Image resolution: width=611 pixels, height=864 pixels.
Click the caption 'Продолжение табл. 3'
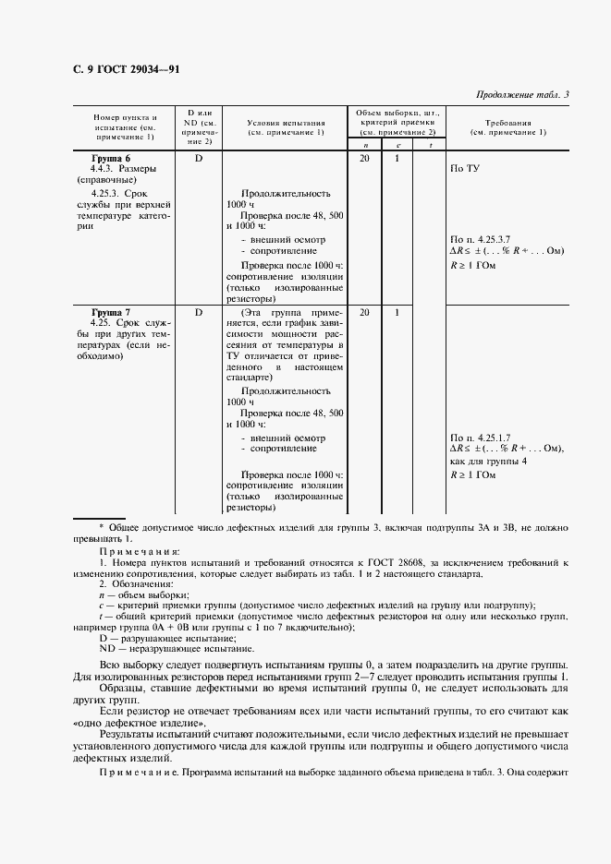pyautogui.click(x=522, y=94)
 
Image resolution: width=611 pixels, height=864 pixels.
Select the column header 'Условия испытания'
pyautogui.click(x=286, y=122)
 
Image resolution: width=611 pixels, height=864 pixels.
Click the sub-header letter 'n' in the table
pyautogui.click(x=364, y=146)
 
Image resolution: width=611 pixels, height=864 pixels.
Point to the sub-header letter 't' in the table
pyautogui.click(x=430, y=146)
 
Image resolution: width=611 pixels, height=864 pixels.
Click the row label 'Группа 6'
pyautogui.click(x=110, y=159)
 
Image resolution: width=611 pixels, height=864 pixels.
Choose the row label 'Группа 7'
pyautogui.click(x=110, y=313)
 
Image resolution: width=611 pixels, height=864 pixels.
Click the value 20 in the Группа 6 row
pyautogui.click(x=364, y=159)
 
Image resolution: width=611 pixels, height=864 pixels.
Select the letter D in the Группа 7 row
pyautogui.click(x=199, y=313)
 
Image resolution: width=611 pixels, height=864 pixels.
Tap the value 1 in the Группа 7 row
pyautogui.click(x=397, y=313)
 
